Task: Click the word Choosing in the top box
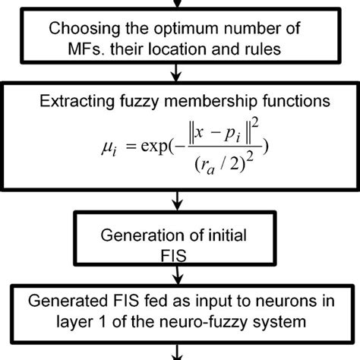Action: [x=81, y=30]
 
